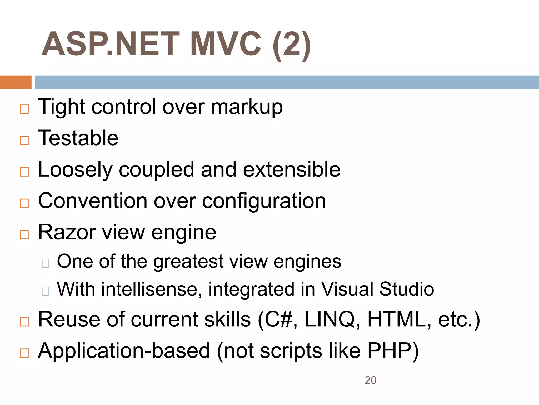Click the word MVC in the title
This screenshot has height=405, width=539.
tap(226, 44)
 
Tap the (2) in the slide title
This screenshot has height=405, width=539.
tap(292, 45)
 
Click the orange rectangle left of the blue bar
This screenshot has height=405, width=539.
tap(16, 82)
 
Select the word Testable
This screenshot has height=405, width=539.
tap(78, 138)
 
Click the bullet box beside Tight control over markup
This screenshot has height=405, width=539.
tap(25, 109)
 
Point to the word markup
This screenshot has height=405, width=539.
tap(247, 108)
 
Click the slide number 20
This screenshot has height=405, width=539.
tap(370, 380)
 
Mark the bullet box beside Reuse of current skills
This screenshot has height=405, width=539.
tap(25, 322)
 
